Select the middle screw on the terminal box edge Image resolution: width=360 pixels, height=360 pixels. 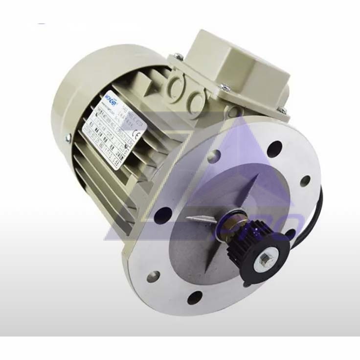[x=225, y=88]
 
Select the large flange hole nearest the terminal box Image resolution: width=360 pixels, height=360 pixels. [x=274, y=149]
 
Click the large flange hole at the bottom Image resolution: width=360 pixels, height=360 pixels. [x=195, y=296]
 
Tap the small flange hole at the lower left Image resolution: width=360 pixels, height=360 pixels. [x=153, y=276]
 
